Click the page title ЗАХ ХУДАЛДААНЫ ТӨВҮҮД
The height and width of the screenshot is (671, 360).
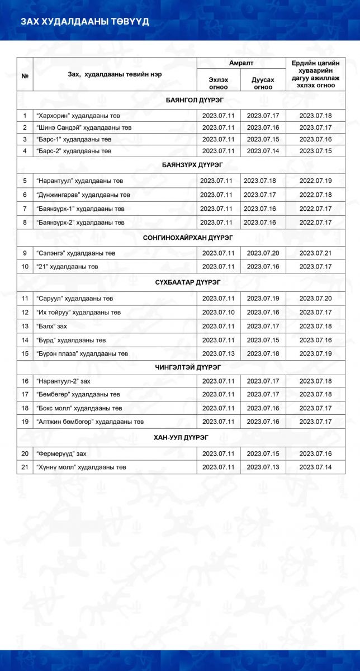tap(85, 22)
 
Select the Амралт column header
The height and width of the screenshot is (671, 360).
tap(241, 63)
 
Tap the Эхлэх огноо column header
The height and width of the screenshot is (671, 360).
tap(218, 83)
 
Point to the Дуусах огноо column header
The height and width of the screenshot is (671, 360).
tap(263, 83)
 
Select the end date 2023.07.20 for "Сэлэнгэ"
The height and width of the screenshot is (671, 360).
tap(263, 253)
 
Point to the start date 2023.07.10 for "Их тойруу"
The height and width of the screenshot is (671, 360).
tap(218, 312)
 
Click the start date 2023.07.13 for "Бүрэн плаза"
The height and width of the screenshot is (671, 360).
tap(218, 353)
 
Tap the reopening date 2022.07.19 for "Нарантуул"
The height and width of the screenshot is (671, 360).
tap(316, 181)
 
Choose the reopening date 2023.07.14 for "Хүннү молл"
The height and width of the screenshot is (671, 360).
tap(316, 466)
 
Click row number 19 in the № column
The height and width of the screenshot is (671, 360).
tap(25, 421)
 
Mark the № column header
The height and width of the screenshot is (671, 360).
tap(25, 74)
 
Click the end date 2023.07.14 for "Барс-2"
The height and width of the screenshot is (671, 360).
tap(263, 151)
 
